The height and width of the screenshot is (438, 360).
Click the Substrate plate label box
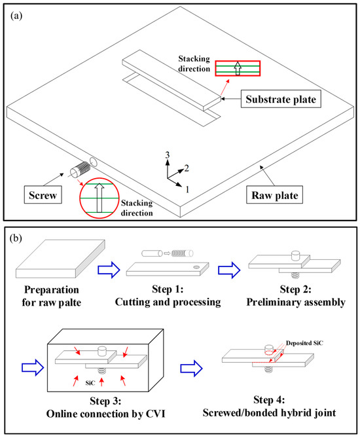[x=281, y=99]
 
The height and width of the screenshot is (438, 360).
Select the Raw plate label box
[x=274, y=194]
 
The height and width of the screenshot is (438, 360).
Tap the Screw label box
[x=43, y=194]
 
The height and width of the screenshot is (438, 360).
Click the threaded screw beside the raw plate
[x=80, y=170]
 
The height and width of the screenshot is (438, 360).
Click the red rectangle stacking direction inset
[x=238, y=69]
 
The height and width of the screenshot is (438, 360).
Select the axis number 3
[x=168, y=155]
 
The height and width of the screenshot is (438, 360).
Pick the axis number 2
[x=187, y=168]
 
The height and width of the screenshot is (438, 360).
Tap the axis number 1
[x=187, y=189]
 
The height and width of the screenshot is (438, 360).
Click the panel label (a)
[x=16, y=16]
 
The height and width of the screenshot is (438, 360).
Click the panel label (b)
[x=16, y=238]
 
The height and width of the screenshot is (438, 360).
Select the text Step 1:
[x=168, y=289]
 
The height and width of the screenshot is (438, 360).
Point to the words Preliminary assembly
[x=296, y=302]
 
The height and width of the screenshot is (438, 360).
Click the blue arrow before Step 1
[x=109, y=270]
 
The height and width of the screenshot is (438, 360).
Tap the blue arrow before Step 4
[x=191, y=368]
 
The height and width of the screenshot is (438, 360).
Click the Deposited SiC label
[x=304, y=343]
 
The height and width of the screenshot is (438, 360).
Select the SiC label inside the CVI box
[x=90, y=383]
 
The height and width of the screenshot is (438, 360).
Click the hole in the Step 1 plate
[x=196, y=267]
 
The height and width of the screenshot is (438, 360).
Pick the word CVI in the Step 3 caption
[x=155, y=413]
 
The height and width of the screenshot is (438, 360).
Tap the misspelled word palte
[x=68, y=302]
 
